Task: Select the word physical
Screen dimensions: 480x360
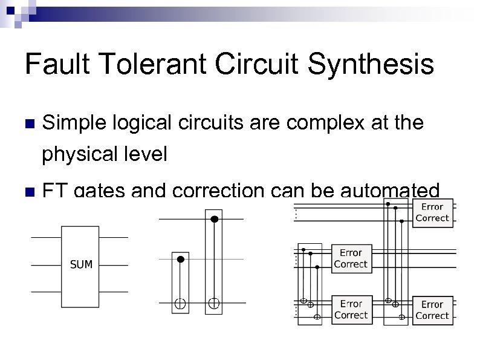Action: pos(82,155)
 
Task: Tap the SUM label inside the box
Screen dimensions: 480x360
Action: pos(80,264)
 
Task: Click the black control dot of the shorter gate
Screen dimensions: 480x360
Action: pos(180,259)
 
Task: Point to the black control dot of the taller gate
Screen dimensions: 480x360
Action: pos(213,219)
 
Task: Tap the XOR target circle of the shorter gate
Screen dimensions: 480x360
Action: pos(180,303)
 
